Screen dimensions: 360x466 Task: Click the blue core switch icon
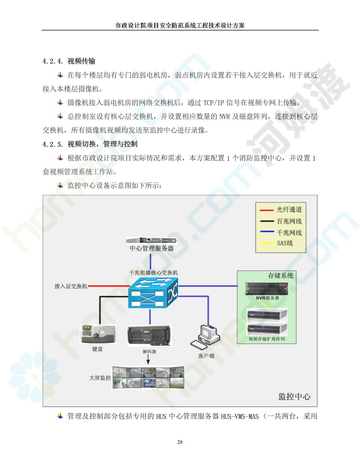tap(153, 293)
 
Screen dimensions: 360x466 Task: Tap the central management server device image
tap(151, 240)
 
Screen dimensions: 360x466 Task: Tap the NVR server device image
tap(267, 289)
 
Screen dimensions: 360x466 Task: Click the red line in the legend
tap(266, 210)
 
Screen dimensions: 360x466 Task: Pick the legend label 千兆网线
tap(289, 233)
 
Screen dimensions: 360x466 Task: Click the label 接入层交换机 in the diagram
tap(71, 286)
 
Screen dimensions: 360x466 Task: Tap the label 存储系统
tap(281, 276)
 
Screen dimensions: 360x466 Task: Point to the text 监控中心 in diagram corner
tap(294, 397)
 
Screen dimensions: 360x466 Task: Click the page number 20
tap(180, 442)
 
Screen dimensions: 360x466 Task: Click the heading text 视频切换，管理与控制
tap(102, 144)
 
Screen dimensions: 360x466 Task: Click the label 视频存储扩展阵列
tap(267, 339)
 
